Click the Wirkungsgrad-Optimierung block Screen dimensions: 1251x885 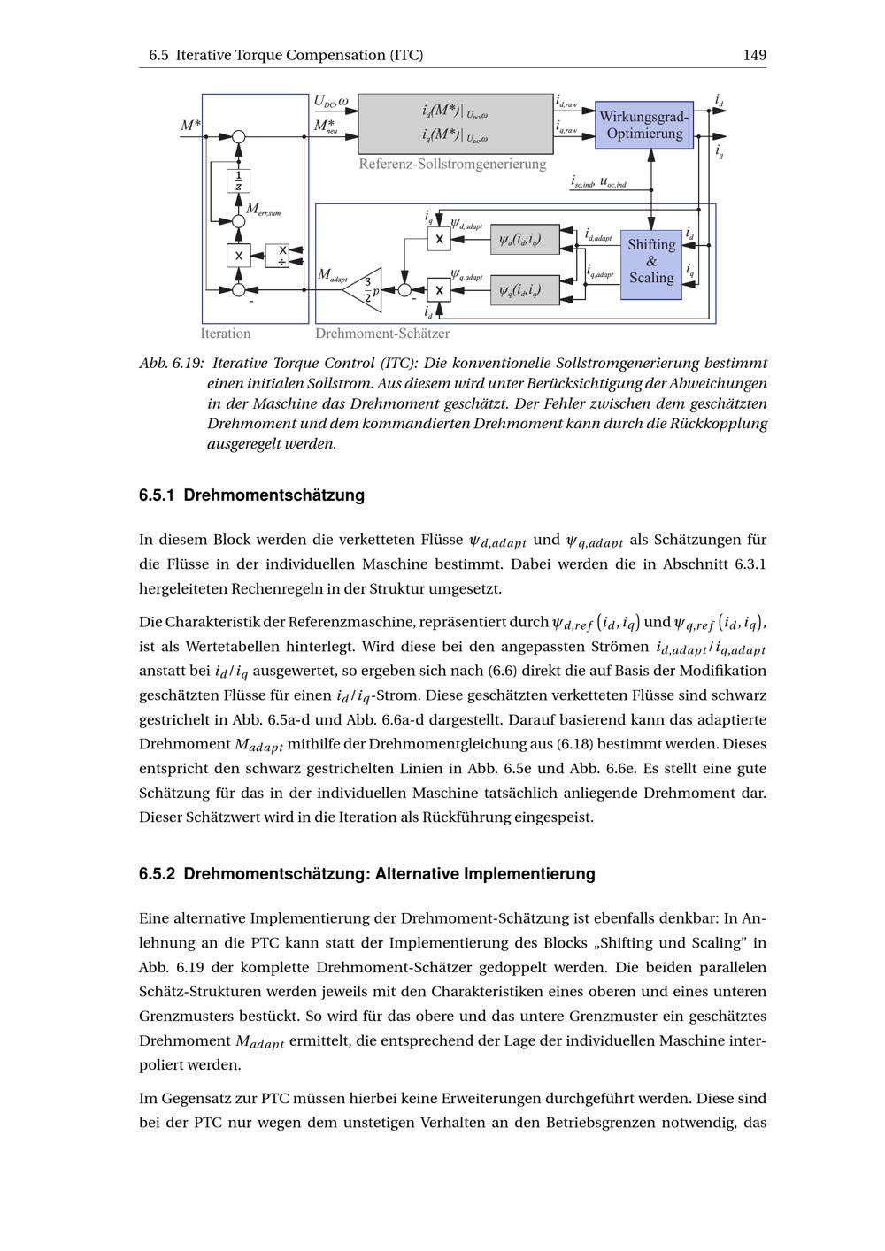point(644,125)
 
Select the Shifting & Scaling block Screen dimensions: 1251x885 point(651,262)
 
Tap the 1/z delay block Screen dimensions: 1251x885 point(238,180)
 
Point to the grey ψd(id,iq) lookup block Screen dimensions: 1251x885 point(525,239)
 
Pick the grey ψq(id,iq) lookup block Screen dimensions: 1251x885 point(525,289)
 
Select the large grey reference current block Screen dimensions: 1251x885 point(455,124)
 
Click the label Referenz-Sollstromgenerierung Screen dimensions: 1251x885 point(452,164)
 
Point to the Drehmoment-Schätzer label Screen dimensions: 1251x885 point(382,334)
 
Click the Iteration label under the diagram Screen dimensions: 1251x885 point(226,334)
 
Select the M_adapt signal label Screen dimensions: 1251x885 point(332,276)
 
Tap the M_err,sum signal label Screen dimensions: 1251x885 point(263,210)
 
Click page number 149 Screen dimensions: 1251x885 point(754,55)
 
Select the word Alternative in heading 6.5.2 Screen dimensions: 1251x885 point(419,874)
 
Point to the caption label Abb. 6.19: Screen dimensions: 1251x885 point(172,364)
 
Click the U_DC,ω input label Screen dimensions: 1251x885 point(331,103)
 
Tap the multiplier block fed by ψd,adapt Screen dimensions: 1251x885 point(439,239)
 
